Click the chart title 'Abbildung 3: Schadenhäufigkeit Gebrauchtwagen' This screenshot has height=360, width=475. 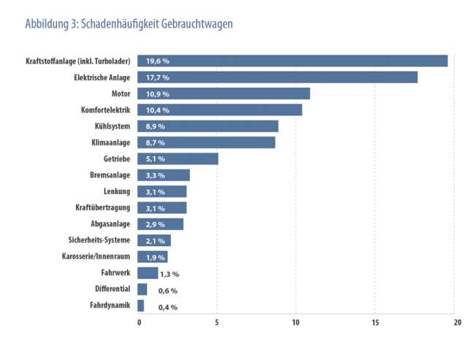[x=129, y=23]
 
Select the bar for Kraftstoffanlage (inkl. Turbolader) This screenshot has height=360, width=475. [x=292, y=61]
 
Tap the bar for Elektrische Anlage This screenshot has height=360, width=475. [x=277, y=77]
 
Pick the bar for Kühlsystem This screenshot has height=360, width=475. [x=208, y=126]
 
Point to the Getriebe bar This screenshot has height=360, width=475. [x=178, y=158]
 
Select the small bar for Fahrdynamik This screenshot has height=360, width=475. [x=140, y=306]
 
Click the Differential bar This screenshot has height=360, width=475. [x=142, y=289]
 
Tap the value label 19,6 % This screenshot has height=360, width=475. [x=157, y=61]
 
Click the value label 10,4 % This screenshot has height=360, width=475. [x=157, y=110]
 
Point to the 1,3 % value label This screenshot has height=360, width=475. [x=170, y=274]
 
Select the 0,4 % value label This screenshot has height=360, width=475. [x=168, y=307]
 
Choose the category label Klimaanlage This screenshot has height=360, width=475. [x=110, y=142]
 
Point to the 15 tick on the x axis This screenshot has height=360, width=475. [x=375, y=322]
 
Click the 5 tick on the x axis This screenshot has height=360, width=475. [x=217, y=322]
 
